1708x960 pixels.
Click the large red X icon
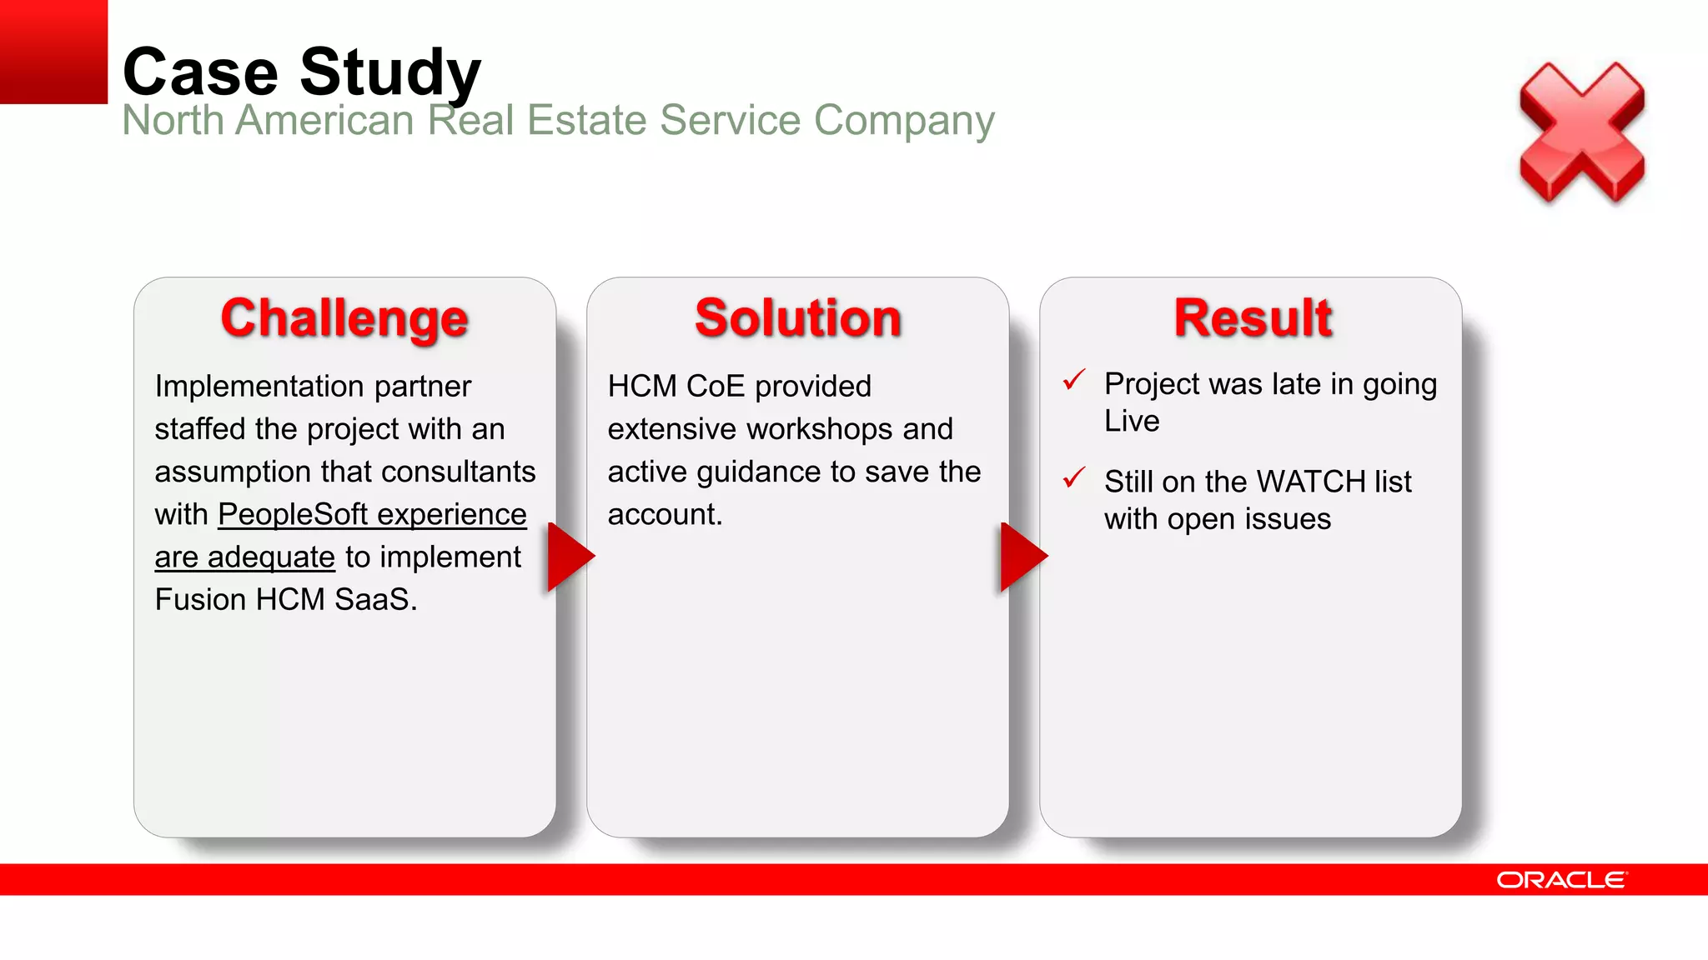point(1581,133)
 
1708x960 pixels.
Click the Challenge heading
point(344,318)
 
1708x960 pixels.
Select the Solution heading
point(798,318)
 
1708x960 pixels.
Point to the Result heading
point(1252,318)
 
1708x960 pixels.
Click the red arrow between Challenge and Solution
point(569,557)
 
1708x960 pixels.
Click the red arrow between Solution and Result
point(1022,557)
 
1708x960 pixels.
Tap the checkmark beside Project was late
point(1074,380)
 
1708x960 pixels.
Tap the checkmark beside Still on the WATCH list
point(1074,477)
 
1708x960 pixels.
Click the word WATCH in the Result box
point(1310,482)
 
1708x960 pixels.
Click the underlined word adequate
point(271,557)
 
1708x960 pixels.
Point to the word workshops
point(820,429)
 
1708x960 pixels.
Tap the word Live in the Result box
point(1132,421)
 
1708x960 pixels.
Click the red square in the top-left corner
point(53,52)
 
